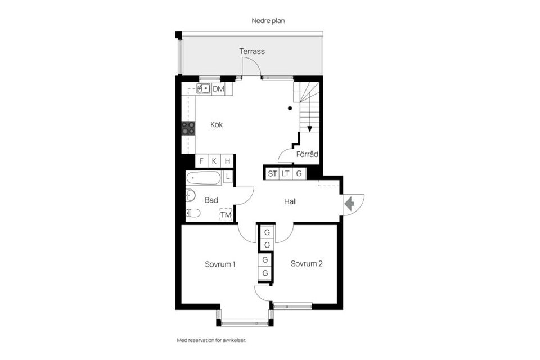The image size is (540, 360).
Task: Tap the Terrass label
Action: [x=251, y=51]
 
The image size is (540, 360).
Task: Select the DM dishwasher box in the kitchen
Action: [x=218, y=89]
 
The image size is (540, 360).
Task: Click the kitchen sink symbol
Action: [x=204, y=88]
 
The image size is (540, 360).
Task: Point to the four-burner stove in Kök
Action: [x=188, y=128]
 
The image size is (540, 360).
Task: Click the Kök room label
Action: [x=217, y=125]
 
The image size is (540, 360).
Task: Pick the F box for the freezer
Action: [x=201, y=161]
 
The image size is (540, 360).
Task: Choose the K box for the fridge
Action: [x=214, y=161]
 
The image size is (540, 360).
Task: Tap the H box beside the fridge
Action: [x=227, y=161]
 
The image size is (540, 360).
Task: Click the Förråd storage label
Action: [x=307, y=154]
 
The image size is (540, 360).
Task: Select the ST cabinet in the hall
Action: [x=272, y=173]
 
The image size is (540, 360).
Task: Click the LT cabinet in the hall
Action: [x=286, y=173]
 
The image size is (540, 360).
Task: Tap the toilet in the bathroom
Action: [x=193, y=213]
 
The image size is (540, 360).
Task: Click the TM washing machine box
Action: [x=226, y=215]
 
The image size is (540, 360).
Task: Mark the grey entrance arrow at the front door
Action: [x=349, y=204]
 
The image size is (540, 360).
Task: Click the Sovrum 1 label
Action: [x=220, y=264]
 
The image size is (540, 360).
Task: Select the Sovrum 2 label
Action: [x=307, y=264]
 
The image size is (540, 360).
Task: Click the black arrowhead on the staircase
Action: [x=309, y=129]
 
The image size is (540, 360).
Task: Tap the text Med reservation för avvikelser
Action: [x=211, y=340]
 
